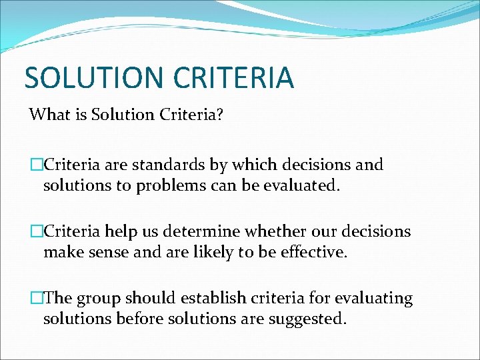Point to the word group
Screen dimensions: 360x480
pos(107,299)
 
